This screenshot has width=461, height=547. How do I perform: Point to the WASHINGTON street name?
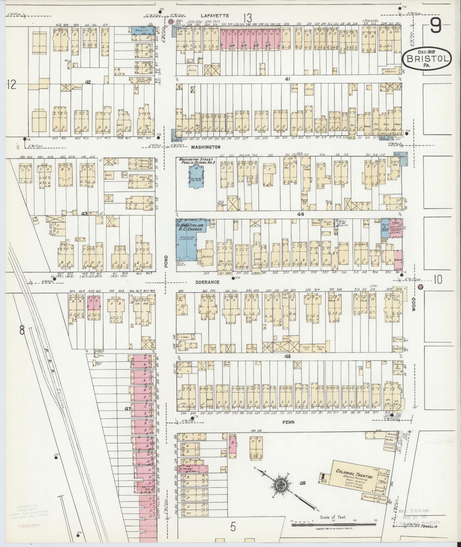coord(206,147)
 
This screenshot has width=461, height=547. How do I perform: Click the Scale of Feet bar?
coord(334,525)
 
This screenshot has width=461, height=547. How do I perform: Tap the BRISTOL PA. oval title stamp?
coord(427,59)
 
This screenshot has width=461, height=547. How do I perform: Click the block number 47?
coord(127,409)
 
